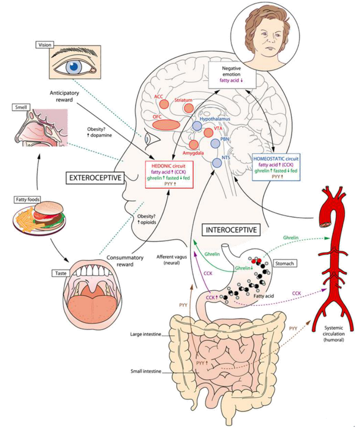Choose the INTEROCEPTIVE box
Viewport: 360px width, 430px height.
tap(231, 230)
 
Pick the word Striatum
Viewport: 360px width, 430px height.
tap(183, 100)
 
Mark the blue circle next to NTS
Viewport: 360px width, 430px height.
tap(216, 162)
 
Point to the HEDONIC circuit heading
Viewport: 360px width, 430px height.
tap(170, 165)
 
